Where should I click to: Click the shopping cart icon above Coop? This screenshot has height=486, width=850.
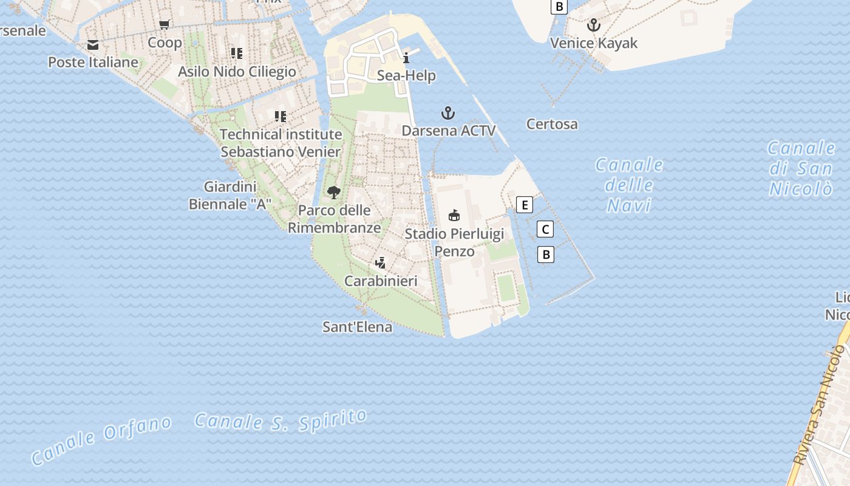164,25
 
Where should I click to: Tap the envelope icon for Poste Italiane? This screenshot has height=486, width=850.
93,45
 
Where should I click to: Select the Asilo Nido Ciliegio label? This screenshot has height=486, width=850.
237,72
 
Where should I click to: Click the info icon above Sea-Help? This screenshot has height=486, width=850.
406,58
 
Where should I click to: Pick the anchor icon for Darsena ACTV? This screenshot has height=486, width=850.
448,113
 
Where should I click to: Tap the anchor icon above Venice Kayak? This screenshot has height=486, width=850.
594,25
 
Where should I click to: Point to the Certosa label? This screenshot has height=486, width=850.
552,125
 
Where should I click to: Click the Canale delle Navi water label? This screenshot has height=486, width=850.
630,185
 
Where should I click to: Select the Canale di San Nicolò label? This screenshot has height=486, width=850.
801,168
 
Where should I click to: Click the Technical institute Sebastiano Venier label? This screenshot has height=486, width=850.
280,143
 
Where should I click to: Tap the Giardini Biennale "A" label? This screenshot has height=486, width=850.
230,196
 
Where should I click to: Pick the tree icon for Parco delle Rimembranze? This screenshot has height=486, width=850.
333,193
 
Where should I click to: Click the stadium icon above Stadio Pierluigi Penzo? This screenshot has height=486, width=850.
454,215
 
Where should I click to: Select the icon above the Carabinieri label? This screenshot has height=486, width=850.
380,263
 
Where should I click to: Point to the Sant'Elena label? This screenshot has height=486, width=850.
357,327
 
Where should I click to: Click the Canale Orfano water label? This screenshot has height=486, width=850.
101,440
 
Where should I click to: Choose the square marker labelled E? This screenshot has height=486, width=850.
525,205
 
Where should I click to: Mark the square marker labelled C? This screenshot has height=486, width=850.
545,230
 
